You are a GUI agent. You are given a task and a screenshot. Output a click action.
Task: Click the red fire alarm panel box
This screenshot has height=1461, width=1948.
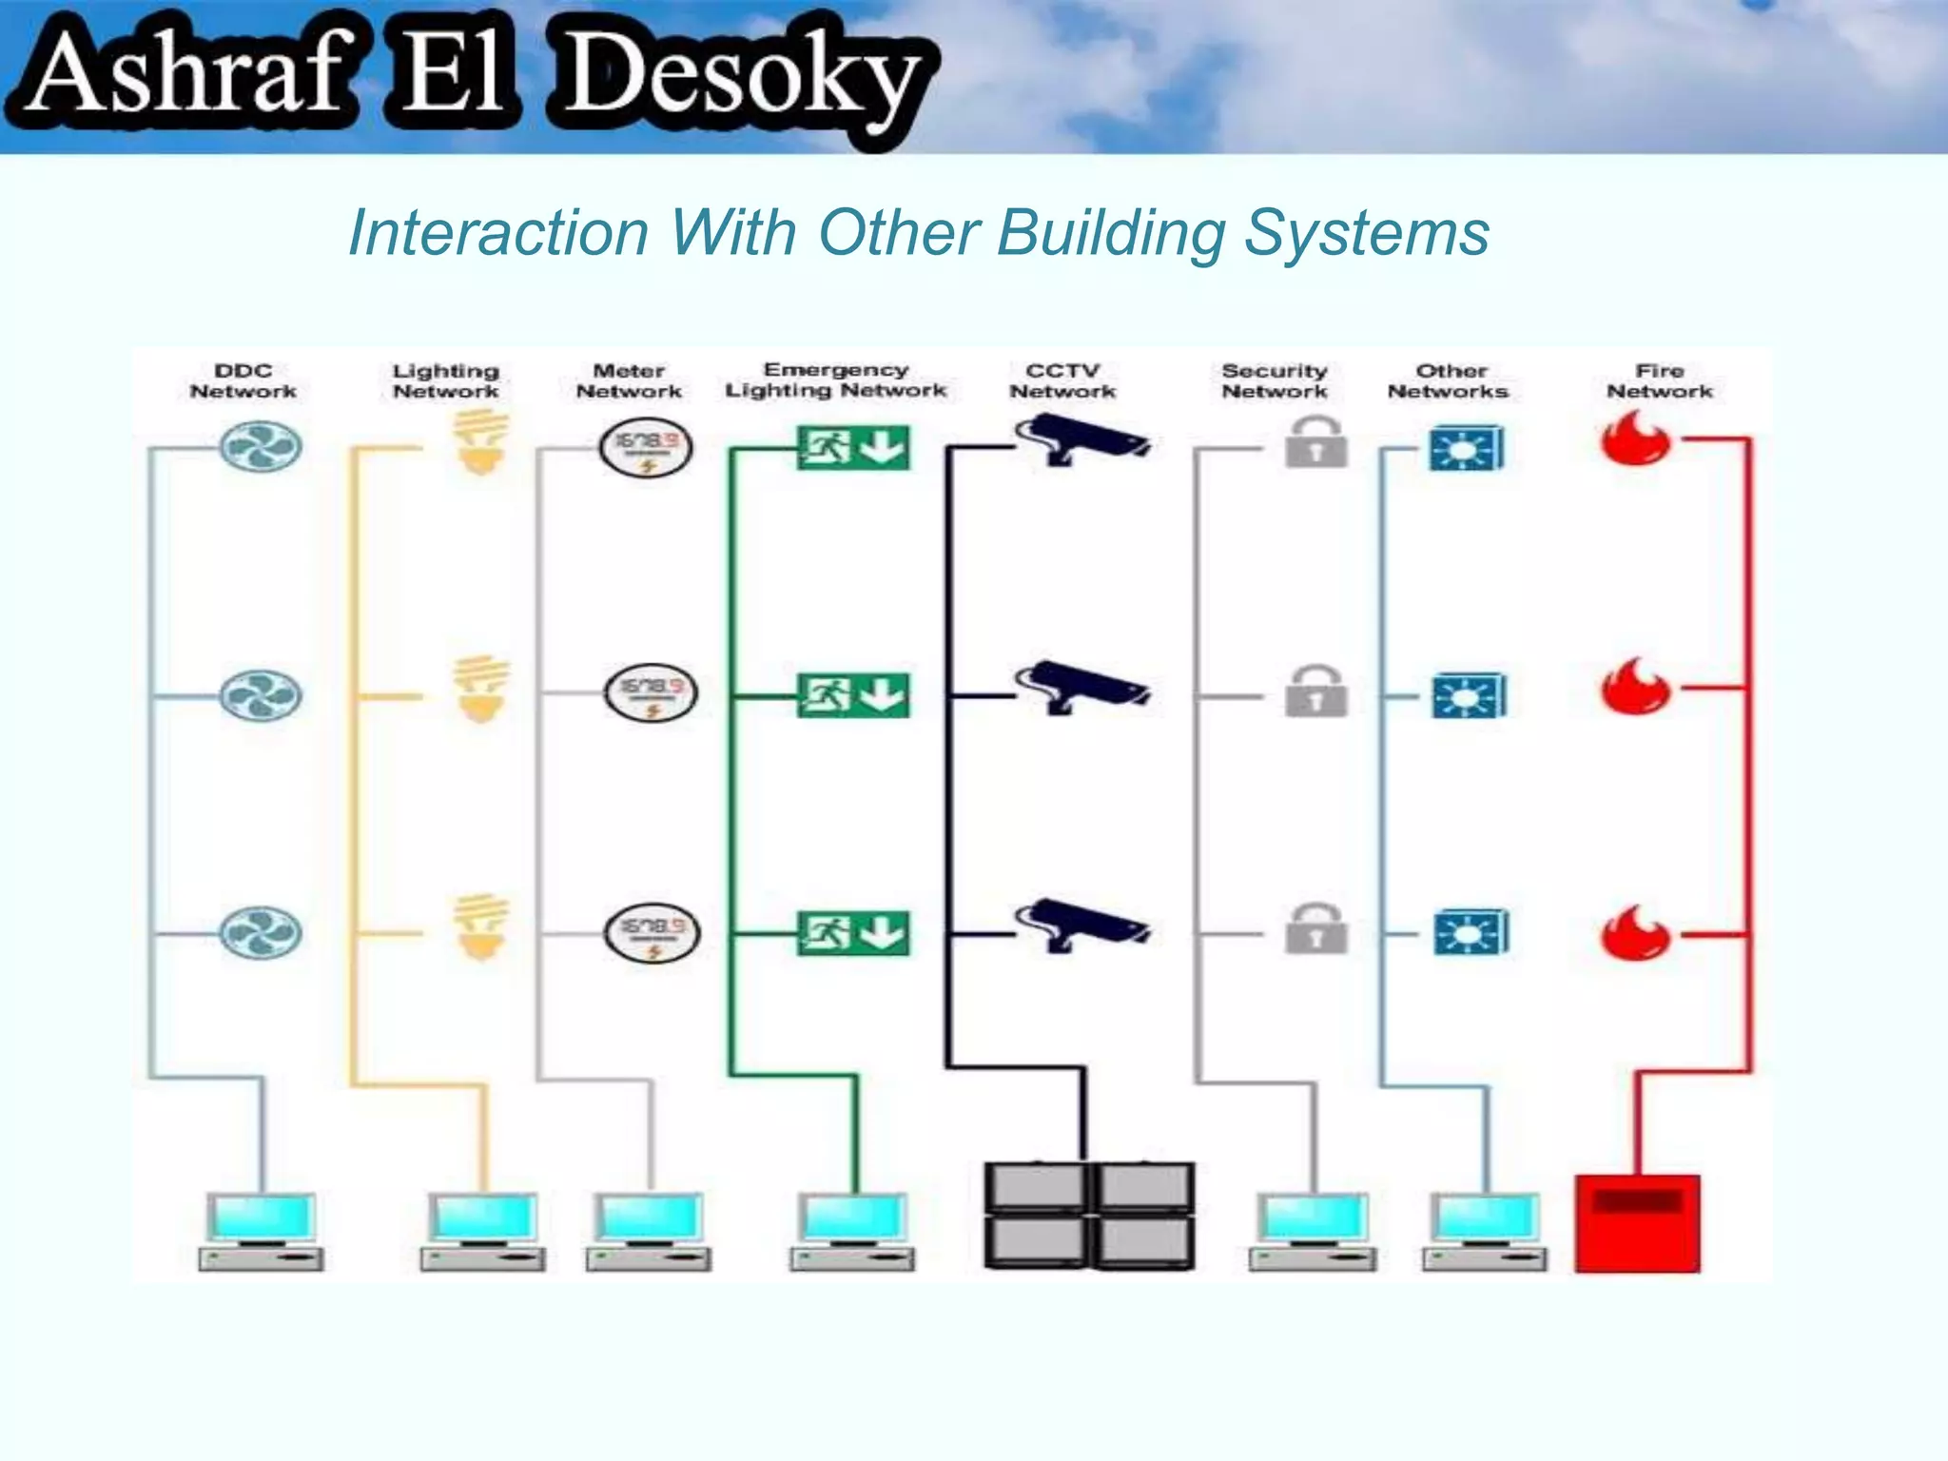1637,1223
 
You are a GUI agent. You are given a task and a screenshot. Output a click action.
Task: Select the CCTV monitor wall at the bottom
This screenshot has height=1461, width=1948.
1089,1216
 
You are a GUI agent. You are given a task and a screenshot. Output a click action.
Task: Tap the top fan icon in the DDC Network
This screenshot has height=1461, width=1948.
261,447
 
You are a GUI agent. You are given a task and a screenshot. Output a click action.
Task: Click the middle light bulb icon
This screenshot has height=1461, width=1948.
481,689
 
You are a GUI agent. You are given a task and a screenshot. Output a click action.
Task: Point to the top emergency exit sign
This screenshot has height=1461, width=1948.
853,448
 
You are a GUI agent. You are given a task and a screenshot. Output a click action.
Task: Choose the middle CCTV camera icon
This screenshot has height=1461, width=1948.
1081,687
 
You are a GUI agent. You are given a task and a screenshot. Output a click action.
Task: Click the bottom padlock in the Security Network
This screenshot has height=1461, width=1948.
1316,928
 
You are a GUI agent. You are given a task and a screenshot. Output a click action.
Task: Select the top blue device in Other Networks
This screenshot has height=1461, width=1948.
1467,448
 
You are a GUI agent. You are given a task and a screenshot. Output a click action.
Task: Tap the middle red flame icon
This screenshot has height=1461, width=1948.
1635,687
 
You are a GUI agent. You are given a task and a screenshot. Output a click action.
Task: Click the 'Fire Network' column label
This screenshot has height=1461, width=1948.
1660,380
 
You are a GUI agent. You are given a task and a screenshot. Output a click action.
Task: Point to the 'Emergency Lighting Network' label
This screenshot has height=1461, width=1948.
835,380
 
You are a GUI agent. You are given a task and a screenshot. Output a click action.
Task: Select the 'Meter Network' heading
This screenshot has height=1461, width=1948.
629,380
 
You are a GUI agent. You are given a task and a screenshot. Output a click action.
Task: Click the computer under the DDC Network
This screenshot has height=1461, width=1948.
262,1233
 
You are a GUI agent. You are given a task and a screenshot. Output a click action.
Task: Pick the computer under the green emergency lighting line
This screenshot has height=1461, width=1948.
852,1233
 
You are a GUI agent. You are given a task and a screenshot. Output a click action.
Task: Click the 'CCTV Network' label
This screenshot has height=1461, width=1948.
1062,380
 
